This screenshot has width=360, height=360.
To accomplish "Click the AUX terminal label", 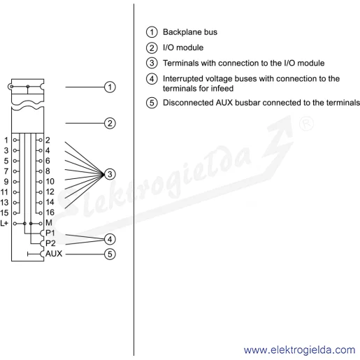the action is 54,254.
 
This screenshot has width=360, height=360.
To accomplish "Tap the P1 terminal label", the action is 50,233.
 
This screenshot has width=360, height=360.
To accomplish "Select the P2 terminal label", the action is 50,243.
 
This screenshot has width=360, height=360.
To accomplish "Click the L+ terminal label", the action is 4,223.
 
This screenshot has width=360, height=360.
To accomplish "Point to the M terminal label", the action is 49,223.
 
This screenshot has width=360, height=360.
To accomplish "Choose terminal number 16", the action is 50,213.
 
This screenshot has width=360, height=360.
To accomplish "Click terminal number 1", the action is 6,140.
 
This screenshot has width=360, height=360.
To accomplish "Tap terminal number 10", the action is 50,181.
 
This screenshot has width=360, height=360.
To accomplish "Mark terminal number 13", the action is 4,202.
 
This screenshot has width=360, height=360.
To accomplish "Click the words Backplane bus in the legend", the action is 190,32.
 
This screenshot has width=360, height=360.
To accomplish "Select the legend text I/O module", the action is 183,48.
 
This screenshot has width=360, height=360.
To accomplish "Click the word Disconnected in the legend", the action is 188,103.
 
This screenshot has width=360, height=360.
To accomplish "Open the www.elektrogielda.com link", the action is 299,350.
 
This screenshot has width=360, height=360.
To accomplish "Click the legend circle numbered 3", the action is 152,63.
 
